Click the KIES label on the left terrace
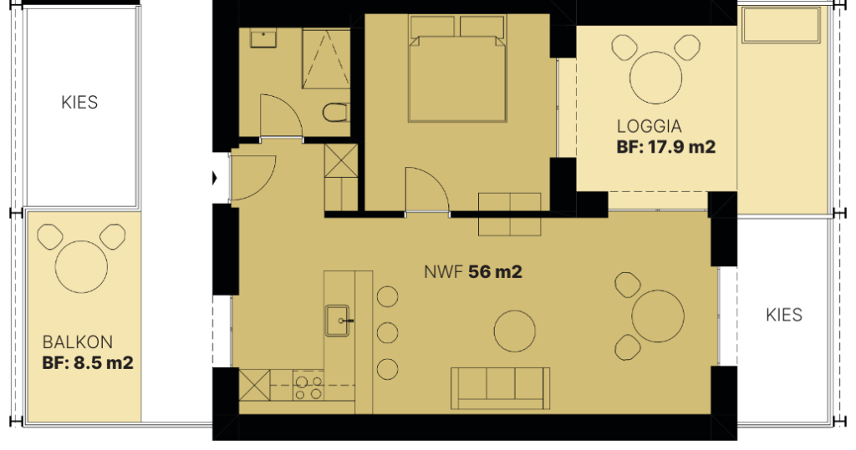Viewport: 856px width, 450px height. click(79, 103)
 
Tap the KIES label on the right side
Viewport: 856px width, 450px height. click(784, 315)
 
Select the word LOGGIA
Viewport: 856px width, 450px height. click(649, 127)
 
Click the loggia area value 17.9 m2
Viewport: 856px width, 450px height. click(681, 147)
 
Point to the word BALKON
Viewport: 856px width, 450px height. click(78, 342)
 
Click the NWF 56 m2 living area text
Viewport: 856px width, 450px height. click(473, 271)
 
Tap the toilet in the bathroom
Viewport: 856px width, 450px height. click(335, 113)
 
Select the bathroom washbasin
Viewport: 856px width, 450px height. click(263, 38)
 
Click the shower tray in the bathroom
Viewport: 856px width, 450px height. click(326, 58)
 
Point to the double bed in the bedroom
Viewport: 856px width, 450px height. click(457, 68)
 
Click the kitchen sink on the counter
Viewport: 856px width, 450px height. click(338, 321)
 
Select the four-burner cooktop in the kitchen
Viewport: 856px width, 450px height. click(308, 386)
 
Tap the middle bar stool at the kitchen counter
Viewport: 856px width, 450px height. click(388, 332)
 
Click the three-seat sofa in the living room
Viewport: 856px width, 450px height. click(500, 388)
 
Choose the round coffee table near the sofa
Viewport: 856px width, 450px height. click(515, 331)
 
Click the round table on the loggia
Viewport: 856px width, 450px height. click(655, 77)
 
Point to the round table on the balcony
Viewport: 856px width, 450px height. click(81, 266)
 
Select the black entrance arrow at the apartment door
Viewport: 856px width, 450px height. click(215, 178)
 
